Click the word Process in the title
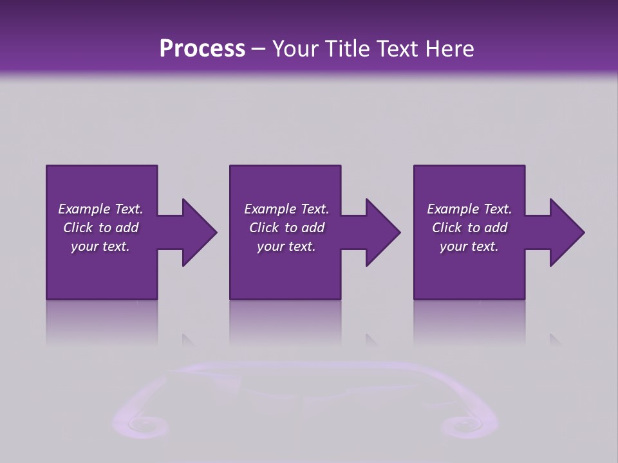(x=202, y=49)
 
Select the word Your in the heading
(x=294, y=49)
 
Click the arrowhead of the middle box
(x=382, y=232)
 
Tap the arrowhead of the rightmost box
(x=566, y=232)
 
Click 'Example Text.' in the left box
(x=100, y=209)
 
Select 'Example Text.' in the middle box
(x=286, y=209)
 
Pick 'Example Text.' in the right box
(x=469, y=209)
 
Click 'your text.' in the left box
(x=100, y=246)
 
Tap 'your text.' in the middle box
(x=286, y=246)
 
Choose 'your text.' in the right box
(x=469, y=246)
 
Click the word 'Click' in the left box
(x=79, y=228)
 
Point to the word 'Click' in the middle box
(x=265, y=228)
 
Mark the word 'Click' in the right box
(x=447, y=228)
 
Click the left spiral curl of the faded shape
(x=138, y=423)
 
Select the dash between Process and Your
(x=259, y=50)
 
